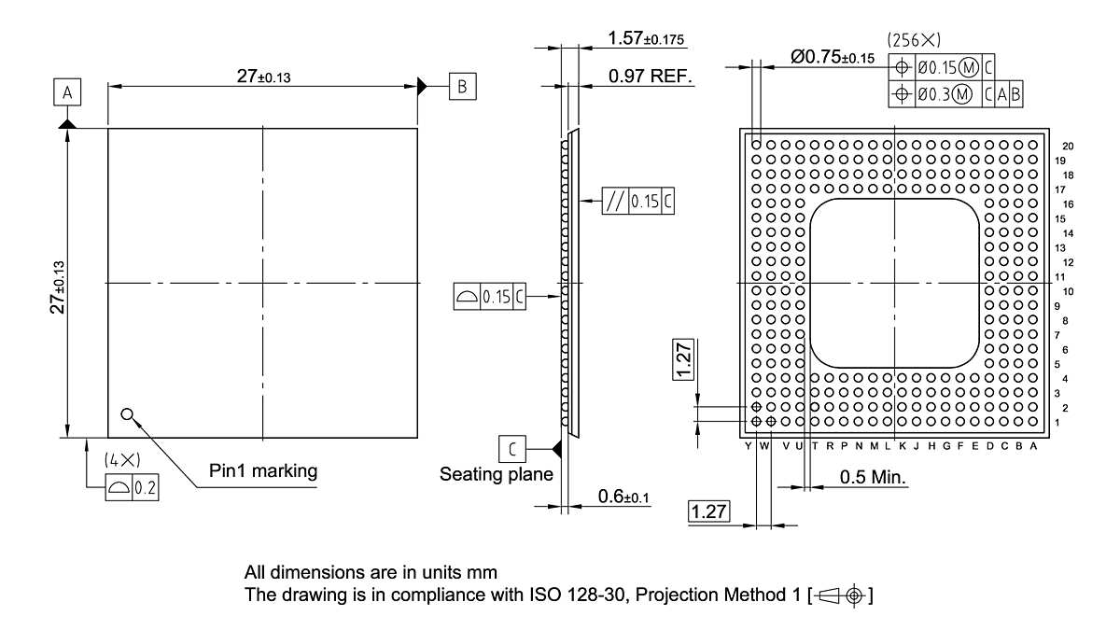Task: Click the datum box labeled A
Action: click(67, 92)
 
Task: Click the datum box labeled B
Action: click(462, 86)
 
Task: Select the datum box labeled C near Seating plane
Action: click(512, 449)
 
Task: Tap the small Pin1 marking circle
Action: click(127, 414)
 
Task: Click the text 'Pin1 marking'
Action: click(261, 470)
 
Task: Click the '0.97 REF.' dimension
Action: click(651, 77)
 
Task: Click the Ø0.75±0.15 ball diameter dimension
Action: click(833, 57)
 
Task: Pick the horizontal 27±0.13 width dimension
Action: click(262, 77)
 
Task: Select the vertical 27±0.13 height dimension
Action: click(59, 283)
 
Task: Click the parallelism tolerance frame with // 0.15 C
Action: click(638, 202)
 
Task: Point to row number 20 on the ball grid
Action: click(1067, 146)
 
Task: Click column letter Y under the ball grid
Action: click(749, 447)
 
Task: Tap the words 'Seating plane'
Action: click(496, 474)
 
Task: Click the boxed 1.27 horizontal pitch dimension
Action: click(708, 511)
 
